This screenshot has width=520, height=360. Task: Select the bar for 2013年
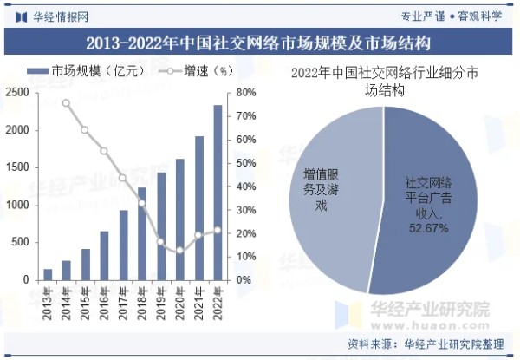click(x=48, y=275)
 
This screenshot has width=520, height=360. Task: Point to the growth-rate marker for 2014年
click(x=66, y=103)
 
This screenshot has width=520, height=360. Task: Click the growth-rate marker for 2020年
click(x=179, y=251)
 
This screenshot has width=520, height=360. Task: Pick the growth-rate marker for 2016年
click(x=104, y=151)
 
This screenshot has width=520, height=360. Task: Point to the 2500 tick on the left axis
click(x=17, y=92)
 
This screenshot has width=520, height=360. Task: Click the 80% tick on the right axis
click(x=245, y=92)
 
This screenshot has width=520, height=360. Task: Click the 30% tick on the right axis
click(x=245, y=210)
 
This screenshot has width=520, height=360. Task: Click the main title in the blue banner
click(x=260, y=42)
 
